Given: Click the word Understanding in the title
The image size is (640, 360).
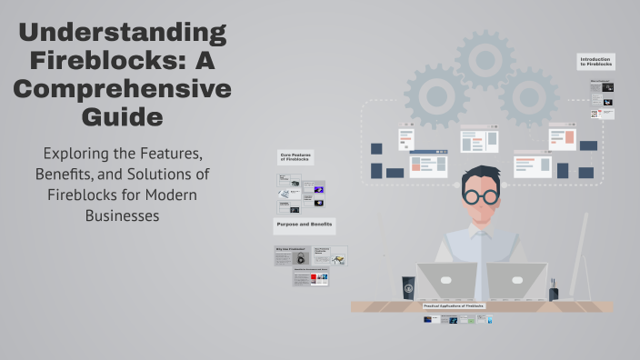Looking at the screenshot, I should pyautogui.click(x=122, y=35).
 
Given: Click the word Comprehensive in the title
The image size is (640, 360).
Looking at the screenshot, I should pyautogui.click(x=122, y=90).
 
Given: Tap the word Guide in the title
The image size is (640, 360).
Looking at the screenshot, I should pyautogui.click(x=122, y=117).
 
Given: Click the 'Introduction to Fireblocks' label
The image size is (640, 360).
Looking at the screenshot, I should pyautogui.click(x=596, y=62).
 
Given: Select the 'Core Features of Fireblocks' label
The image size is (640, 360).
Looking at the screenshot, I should pyautogui.click(x=296, y=159).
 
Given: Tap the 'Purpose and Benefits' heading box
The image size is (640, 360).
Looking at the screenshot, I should pyautogui.click(x=304, y=224).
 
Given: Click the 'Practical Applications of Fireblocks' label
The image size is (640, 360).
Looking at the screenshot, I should pyautogui.click(x=455, y=306).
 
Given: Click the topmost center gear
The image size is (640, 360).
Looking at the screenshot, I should pyautogui.click(x=485, y=60).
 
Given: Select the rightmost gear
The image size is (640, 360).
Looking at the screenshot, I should pyautogui.click(x=528, y=97).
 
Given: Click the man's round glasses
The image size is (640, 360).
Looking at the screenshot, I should pyautogui.click(x=478, y=195).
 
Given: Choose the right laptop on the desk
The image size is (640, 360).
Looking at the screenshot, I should pyautogui.click(x=515, y=281).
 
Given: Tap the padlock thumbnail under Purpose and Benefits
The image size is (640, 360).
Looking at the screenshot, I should pyautogui.click(x=299, y=258).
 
